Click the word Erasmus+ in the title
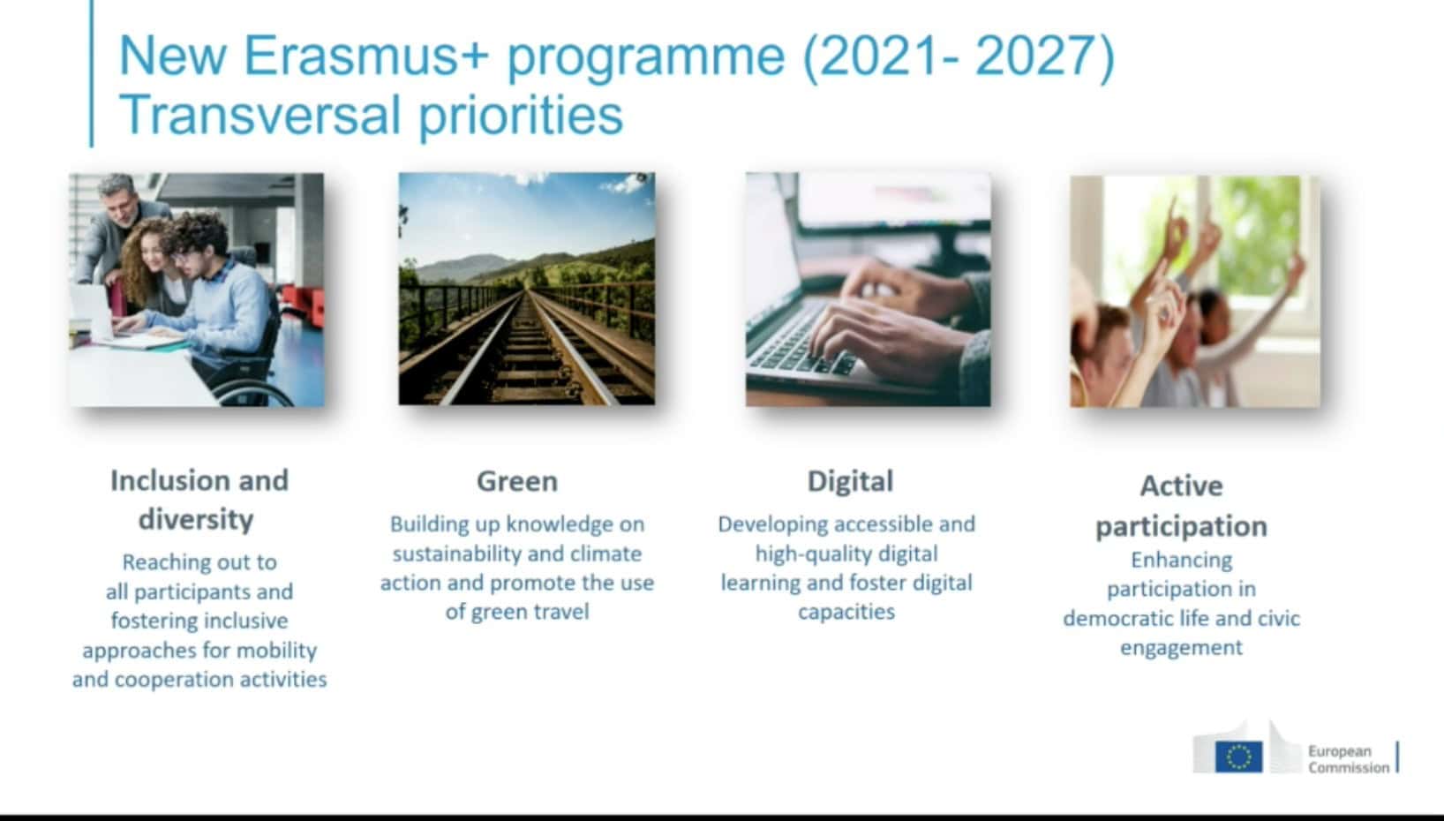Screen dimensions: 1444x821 tap(366, 56)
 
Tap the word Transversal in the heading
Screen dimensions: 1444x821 tap(259, 116)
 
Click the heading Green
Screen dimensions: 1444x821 tap(517, 482)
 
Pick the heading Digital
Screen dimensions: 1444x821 tap(850, 481)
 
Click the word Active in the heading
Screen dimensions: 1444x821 tap(1181, 486)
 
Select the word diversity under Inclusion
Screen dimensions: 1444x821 tap(197, 520)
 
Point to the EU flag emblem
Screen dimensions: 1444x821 tap(1238, 757)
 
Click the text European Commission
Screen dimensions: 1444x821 tap(1348, 759)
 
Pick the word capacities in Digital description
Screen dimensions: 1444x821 tap(846, 612)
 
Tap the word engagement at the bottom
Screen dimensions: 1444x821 tap(1181, 647)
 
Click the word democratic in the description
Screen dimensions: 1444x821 tap(1123, 619)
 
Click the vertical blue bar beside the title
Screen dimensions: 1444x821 tap(92, 73)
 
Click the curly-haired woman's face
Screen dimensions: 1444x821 tap(152, 252)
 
